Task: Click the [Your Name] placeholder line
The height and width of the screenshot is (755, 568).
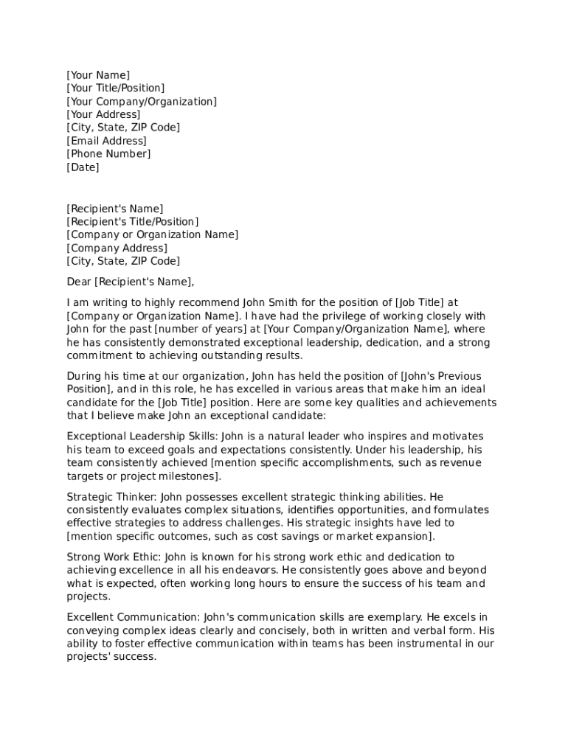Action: pyautogui.click(x=98, y=75)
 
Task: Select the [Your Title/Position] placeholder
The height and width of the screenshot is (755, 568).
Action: pyautogui.click(x=116, y=88)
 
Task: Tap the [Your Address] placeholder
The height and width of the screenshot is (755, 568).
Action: pyautogui.click(x=103, y=115)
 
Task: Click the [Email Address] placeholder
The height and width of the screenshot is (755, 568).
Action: pyautogui.click(x=107, y=141)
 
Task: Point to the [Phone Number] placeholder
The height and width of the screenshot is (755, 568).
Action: pyautogui.click(x=108, y=154)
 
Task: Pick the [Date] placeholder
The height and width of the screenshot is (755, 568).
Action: pyautogui.click(x=83, y=167)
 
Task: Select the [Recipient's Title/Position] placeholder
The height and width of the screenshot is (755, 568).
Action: pyautogui.click(x=133, y=222)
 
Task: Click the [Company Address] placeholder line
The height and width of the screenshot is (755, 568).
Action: pyautogui.click(x=117, y=248)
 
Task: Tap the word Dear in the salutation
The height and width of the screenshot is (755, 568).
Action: pyautogui.click(x=79, y=282)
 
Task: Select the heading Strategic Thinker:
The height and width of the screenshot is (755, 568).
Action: pyautogui.click(x=111, y=497)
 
